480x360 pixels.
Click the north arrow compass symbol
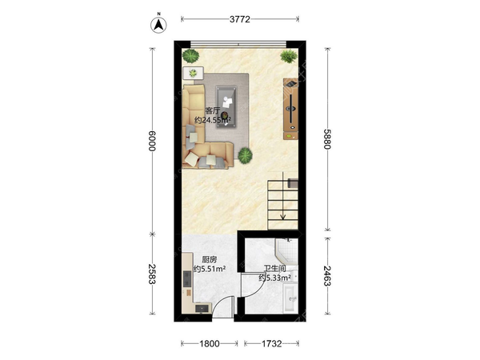158,24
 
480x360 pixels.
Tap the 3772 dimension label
240,19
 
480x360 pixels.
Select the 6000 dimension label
152,141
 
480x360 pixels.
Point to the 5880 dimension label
327,139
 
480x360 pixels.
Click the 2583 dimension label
152,274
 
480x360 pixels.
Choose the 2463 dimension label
327,276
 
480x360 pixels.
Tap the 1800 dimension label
210,344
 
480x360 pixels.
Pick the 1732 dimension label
271,344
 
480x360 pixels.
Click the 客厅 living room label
213,111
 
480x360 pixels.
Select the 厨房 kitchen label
210,260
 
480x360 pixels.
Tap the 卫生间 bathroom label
275,269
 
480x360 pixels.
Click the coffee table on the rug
226,107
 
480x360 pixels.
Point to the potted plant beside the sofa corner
246,155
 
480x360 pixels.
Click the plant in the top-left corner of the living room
190,56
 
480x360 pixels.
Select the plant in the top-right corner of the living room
289,56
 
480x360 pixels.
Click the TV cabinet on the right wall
290,109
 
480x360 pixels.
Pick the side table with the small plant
193,73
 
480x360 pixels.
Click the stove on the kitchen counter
187,278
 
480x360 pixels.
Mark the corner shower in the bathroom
287,250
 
